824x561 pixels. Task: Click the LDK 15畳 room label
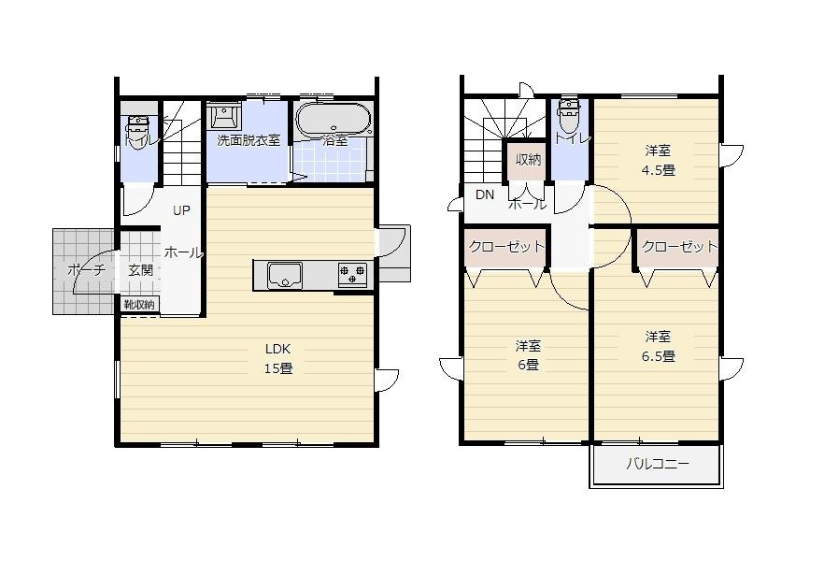tap(278, 359)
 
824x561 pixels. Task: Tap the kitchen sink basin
tap(285, 275)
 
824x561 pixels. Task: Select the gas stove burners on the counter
tap(352, 275)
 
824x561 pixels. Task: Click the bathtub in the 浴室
tap(334, 120)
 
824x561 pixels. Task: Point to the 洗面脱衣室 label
tap(249, 140)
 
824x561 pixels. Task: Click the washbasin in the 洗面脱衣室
tap(225, 115)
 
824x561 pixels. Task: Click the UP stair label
tap(181, 210)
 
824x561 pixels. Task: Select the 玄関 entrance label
tap(141, 270)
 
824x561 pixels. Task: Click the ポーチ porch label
tap(87, 270)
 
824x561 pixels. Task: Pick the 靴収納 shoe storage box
tap(140, 305)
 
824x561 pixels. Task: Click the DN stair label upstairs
tap(485, 195)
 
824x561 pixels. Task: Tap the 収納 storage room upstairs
tap(528, 160)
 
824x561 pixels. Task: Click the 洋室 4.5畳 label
tap(658, 161)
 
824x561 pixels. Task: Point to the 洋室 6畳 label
tap(528, 355)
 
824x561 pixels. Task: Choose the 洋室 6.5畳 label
tap(658, 347)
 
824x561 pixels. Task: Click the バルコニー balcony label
tap(657, 464)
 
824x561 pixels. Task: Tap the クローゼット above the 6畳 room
tap(506, 246)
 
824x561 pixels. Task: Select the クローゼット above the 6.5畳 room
tap(679, 246)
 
